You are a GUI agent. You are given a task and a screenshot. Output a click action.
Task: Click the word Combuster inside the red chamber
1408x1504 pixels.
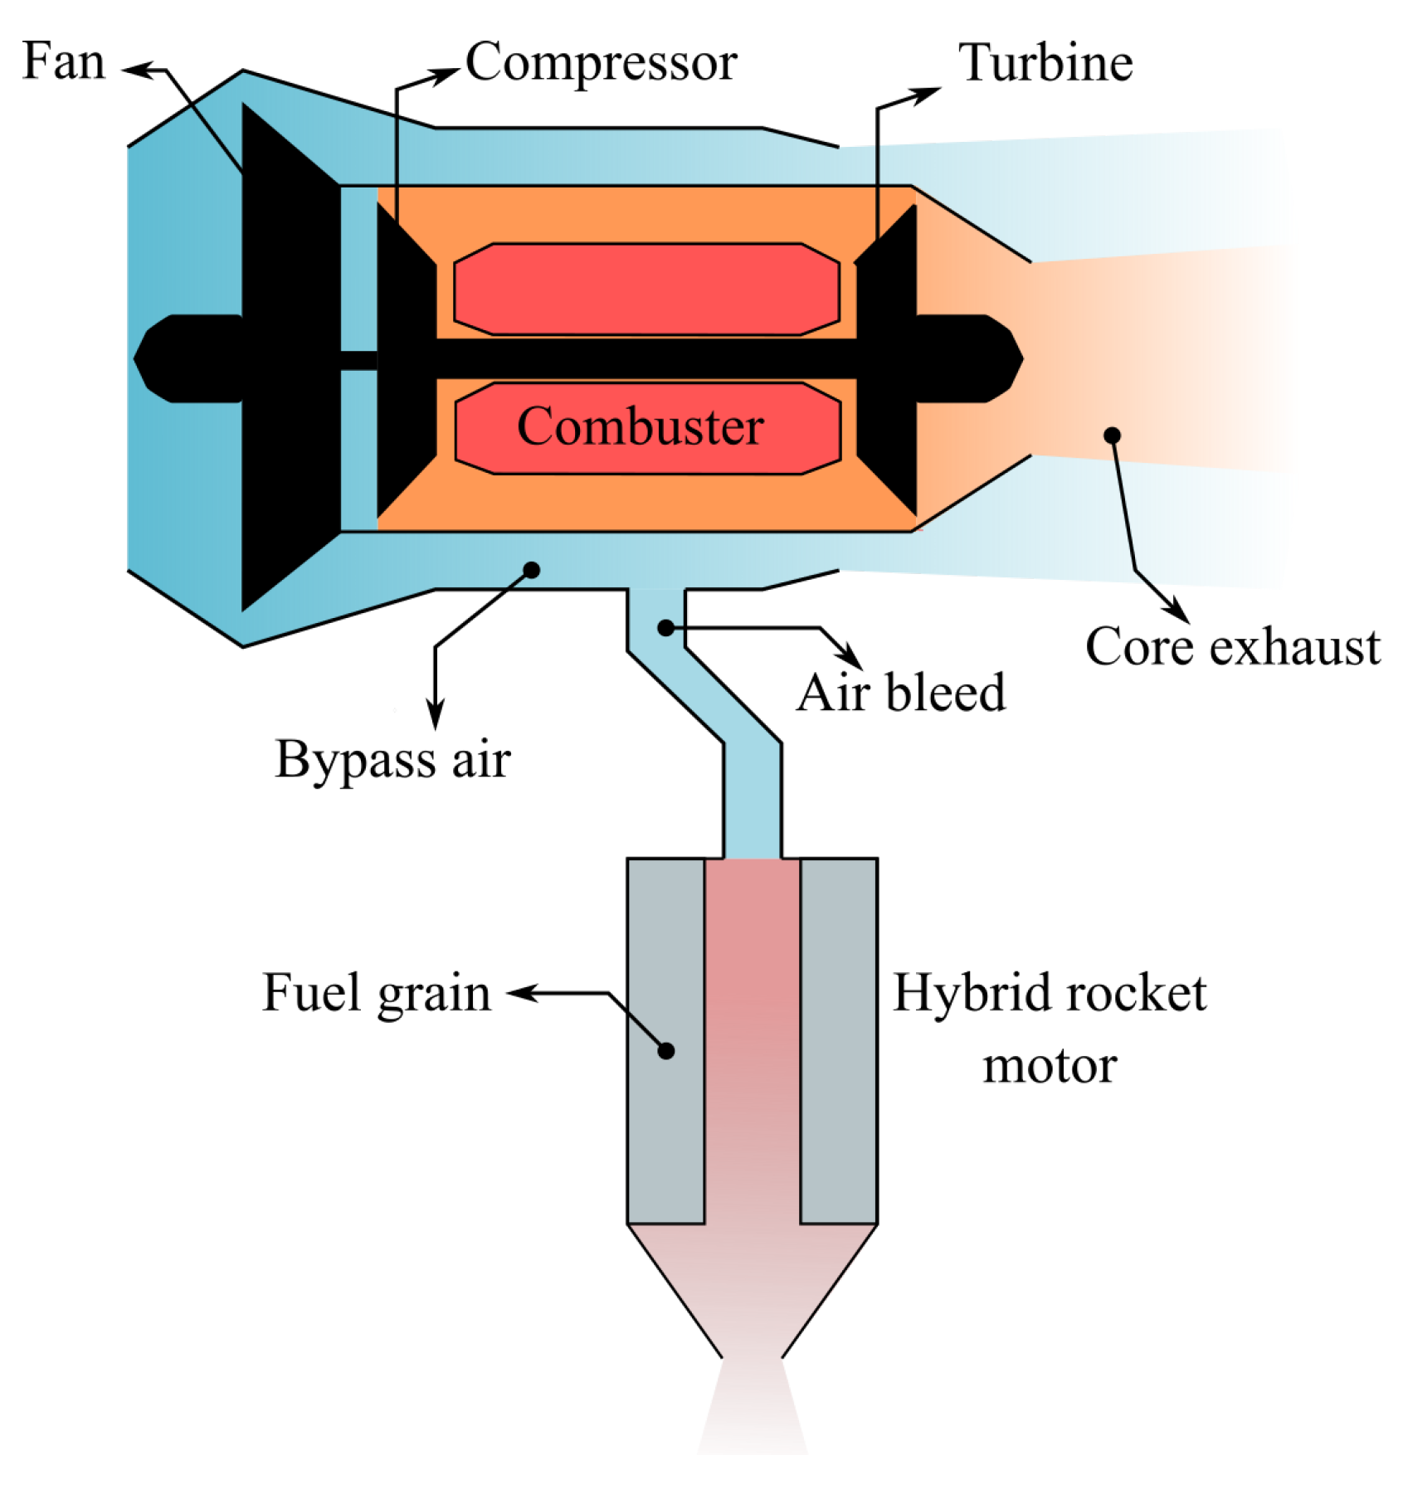[640, 426]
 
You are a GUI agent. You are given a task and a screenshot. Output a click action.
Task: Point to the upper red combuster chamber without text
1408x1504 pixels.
[646, 289]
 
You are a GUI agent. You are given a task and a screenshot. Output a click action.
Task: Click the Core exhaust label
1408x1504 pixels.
[1232, 646]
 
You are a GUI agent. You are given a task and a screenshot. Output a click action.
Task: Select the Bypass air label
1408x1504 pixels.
[392, 758]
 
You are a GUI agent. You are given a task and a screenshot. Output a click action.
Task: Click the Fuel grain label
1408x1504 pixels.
[376, 992]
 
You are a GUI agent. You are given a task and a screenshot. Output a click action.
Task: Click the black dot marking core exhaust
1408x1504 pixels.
[1112, 436]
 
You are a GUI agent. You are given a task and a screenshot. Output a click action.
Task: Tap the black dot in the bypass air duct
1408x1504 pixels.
[532, 569]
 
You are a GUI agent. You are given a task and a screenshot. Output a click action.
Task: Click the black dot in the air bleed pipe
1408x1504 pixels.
[665, 628]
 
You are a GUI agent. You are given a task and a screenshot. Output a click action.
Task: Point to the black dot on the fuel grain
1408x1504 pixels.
[665, 1051]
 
